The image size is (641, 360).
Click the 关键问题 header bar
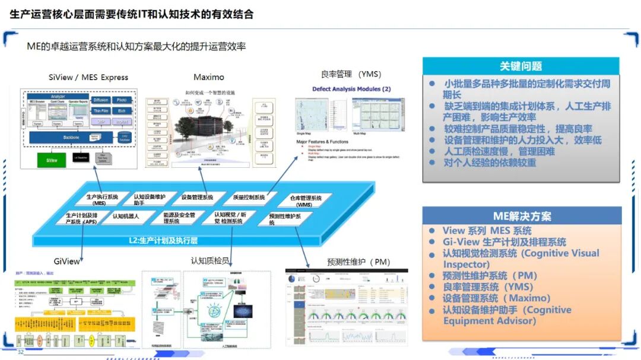521,66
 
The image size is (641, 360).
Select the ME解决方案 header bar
522,216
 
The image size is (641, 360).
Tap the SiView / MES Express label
88,78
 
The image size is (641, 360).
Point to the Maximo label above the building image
209,78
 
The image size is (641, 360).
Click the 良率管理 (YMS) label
351,75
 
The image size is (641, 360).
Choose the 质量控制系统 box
247,197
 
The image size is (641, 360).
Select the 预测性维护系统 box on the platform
284,219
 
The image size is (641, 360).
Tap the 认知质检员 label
210,260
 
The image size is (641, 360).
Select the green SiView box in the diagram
52,160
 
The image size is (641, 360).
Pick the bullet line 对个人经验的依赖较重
490,163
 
